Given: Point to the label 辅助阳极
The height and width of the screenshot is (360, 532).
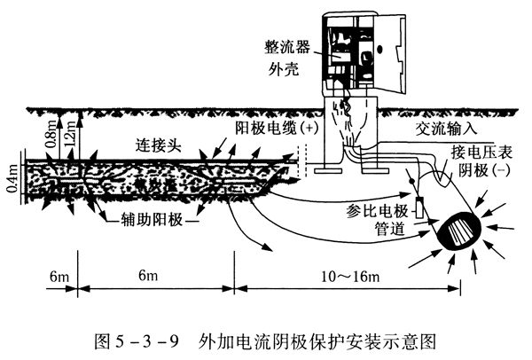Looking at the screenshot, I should tap(152, 217).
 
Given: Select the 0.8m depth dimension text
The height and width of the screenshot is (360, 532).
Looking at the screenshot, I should tap(57, 132).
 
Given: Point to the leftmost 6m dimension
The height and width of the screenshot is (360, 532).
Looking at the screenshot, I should tap(59, 278).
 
